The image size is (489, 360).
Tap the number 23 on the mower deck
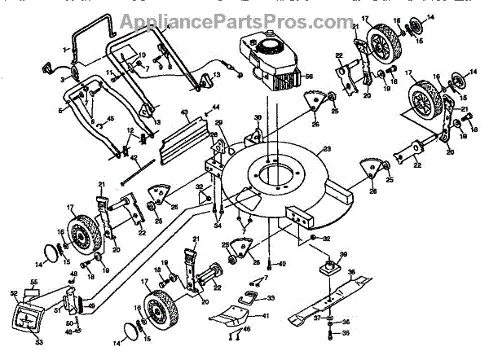click(x=328, y=149)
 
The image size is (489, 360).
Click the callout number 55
click(x=33, y=282)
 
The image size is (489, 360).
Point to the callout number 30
click(x=258, y=118)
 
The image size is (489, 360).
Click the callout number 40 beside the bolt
click(x=282, y=265)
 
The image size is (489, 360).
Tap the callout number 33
click(x=271, y=298)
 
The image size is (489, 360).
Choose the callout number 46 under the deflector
click(x=247, y=328)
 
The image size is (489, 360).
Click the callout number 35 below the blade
click(x=345, y=333)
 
